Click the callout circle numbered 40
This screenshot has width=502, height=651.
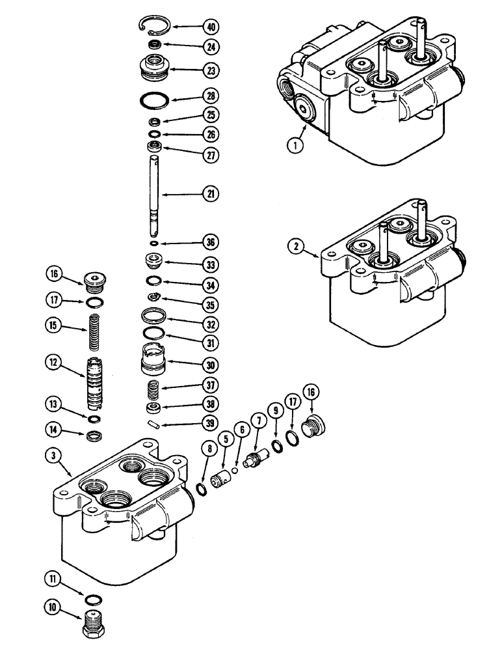[210, 27]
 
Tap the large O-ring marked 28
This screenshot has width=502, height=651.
[155, 101]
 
